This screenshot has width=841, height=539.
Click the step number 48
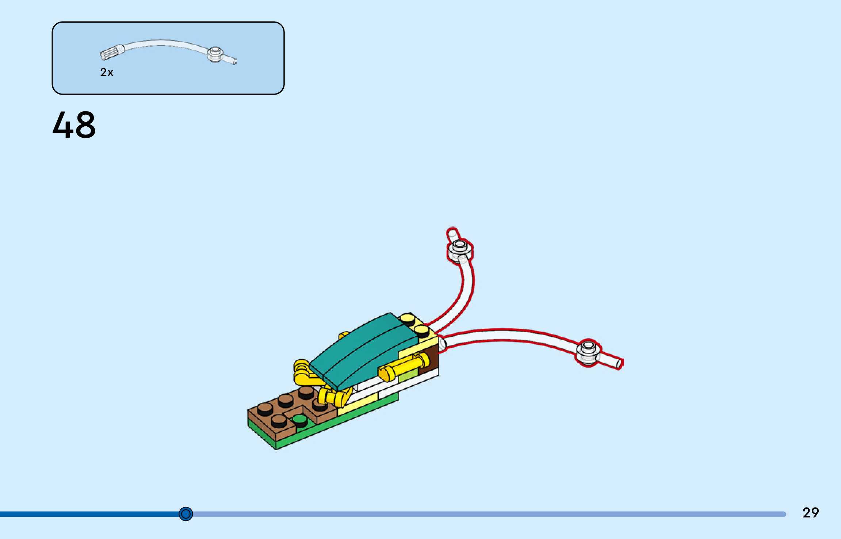74,125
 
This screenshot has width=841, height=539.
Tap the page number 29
811,513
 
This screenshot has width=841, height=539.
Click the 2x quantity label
107,72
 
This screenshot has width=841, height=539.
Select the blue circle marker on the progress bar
186,514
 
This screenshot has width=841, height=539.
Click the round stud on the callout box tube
215,54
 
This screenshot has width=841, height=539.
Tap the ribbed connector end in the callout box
112,52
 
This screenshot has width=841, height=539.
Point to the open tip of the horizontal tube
619,363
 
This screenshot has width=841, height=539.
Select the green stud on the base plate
299,420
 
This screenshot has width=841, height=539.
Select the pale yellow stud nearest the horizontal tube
422,330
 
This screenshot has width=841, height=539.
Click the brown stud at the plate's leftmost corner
264,408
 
